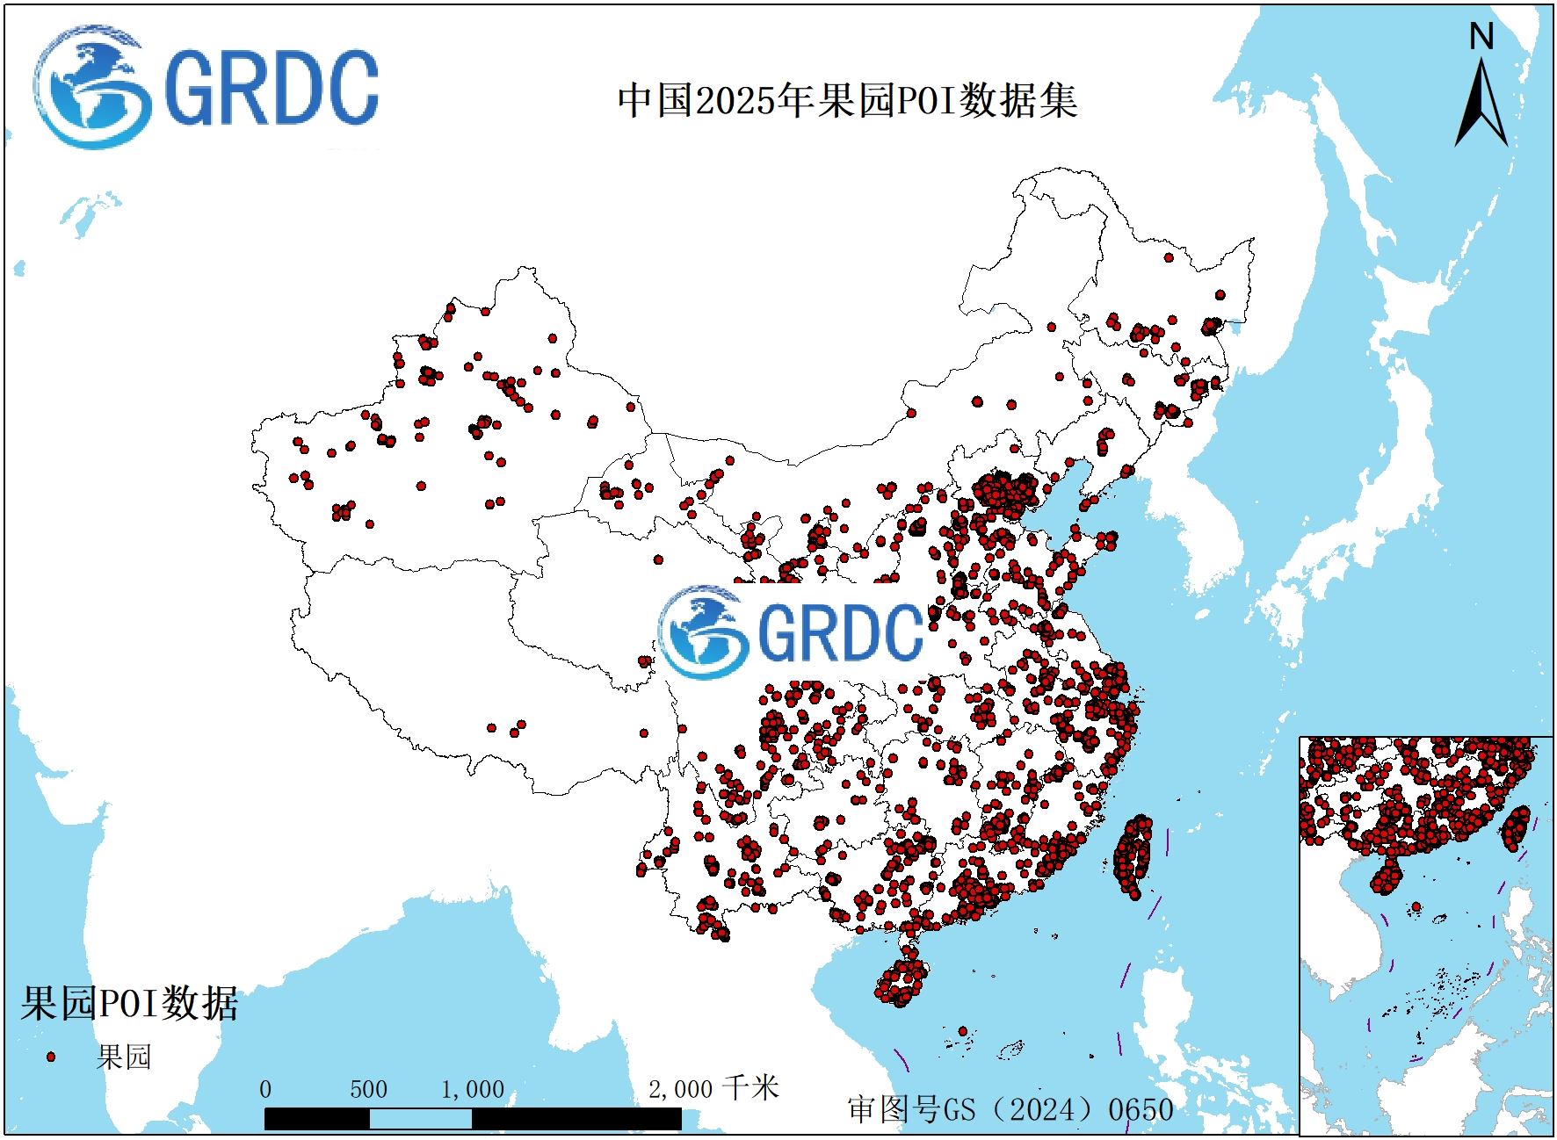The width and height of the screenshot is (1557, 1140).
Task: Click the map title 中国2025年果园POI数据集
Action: (847, 100)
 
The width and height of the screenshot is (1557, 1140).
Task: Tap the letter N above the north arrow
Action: (1481, 37)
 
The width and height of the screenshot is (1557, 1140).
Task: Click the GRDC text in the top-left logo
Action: (271, 88)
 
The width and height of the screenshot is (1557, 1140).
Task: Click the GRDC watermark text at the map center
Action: (839, 632)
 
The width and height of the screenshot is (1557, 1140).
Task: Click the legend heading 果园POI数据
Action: (129, 1003)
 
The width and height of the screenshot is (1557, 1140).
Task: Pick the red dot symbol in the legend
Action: (51, 1057)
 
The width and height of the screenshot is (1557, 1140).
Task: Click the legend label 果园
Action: (124, 1057)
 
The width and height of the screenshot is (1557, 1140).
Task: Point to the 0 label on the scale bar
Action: (265, 1090)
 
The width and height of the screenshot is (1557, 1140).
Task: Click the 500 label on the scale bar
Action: (368, 1090)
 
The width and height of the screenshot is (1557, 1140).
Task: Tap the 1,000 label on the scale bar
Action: (472, 1090)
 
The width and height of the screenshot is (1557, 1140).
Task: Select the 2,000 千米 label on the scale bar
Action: (713, 1089)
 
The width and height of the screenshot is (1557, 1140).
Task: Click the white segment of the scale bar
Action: (420, 1119)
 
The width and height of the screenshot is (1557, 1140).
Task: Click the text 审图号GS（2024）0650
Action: (1010, 1109)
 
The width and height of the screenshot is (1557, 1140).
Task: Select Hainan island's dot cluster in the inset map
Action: (1387, 876)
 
